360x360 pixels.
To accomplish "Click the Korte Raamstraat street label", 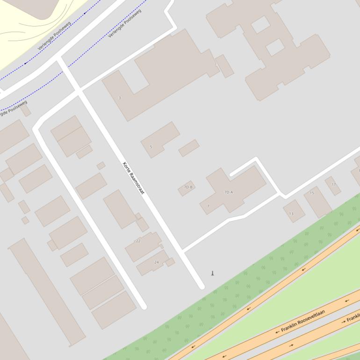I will [133, 178].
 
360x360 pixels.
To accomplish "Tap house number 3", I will [120, 98].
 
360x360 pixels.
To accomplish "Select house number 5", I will [151, 147].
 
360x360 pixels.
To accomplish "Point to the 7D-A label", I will [229, 192].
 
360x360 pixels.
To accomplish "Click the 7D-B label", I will [188, 187].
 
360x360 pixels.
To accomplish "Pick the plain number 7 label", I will [208, 206].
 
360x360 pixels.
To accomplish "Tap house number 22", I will [138, 241].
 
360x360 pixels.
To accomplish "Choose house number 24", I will [156, 262].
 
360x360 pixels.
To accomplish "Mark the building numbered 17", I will [333, 185].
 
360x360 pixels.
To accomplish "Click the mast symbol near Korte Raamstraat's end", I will [213, 274].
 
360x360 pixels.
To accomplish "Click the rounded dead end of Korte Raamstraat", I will [202, 286].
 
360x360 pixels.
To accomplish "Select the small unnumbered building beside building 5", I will [189, 148].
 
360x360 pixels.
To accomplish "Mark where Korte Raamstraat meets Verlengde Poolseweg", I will [59, 60].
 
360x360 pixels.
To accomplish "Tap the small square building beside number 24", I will [170, 262].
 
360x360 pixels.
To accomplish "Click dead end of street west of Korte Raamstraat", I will [144, 306].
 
